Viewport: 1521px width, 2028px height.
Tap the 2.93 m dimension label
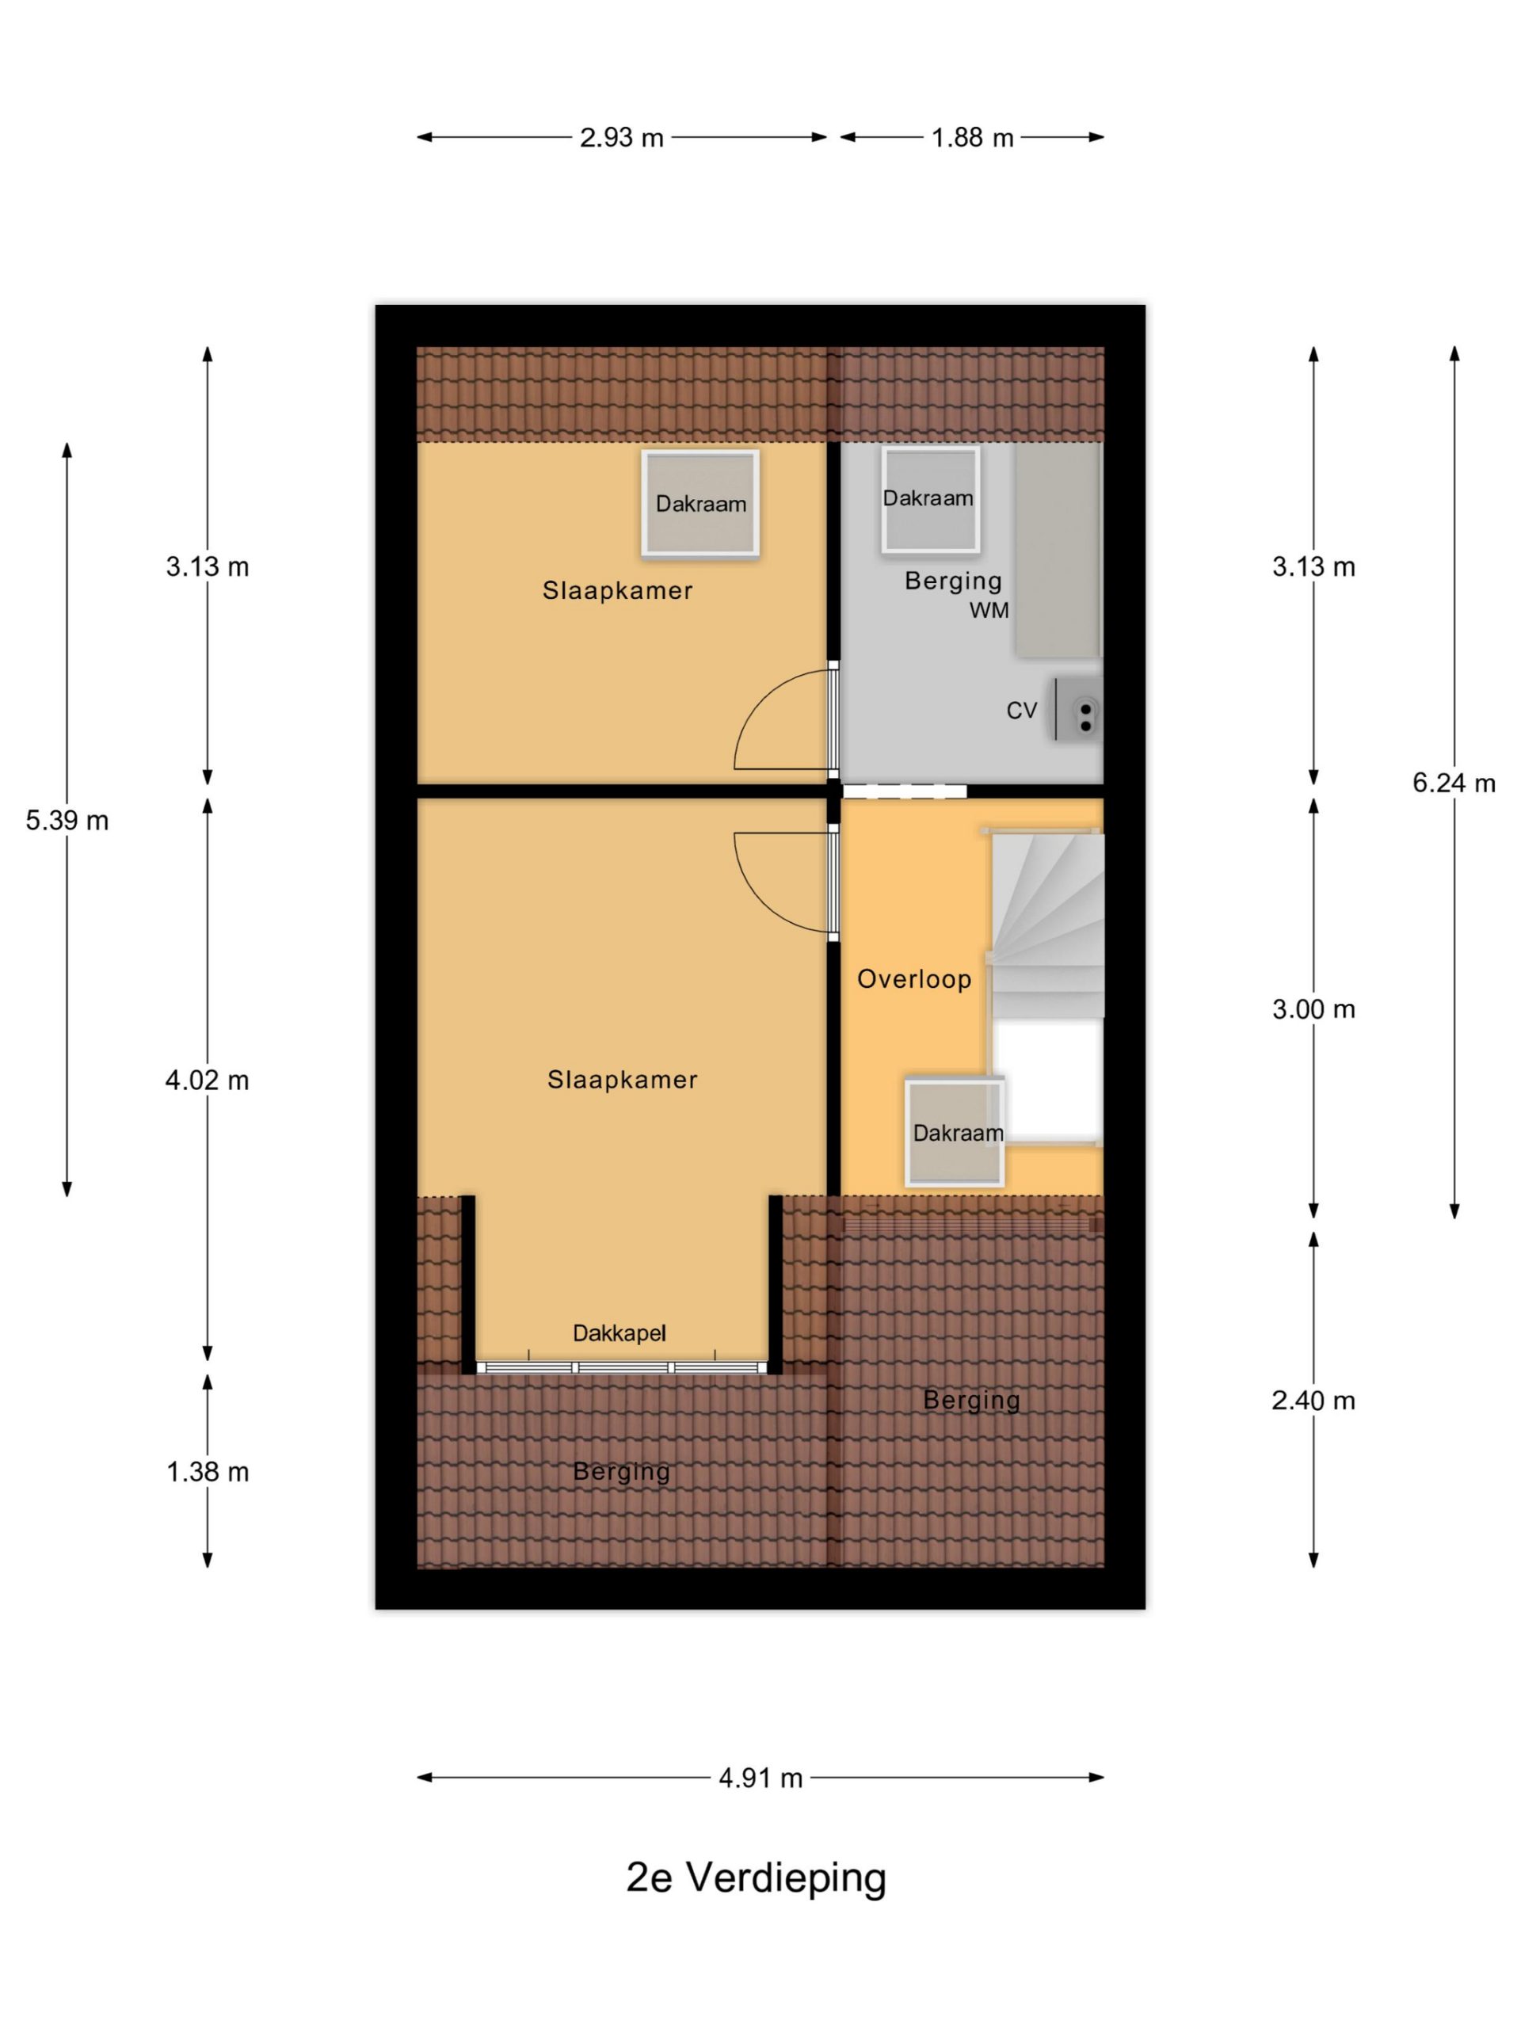tap(621, 138)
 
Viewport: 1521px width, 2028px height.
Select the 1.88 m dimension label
tap(972, 138)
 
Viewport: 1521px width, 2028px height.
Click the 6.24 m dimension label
tap(1453, 782)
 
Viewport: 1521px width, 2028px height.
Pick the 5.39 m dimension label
tap(67, 820)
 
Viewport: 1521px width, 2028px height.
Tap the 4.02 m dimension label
tap(208, 1080)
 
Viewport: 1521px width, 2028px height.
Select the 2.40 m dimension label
tap(1313, 1400)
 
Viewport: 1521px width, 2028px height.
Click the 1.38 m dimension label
tap(208, 1472)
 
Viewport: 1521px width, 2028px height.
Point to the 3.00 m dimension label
tap(1313, 1009)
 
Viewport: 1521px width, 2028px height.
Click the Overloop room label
tap(914, 979)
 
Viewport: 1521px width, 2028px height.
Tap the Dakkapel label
tap(619, 1333)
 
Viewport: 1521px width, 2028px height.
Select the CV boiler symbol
tap(1077, 709)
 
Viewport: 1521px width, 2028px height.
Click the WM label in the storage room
tap(989, 611)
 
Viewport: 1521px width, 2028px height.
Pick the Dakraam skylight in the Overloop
tap(955, 1131)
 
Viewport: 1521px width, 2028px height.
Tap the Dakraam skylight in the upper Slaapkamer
tap(700, 503)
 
